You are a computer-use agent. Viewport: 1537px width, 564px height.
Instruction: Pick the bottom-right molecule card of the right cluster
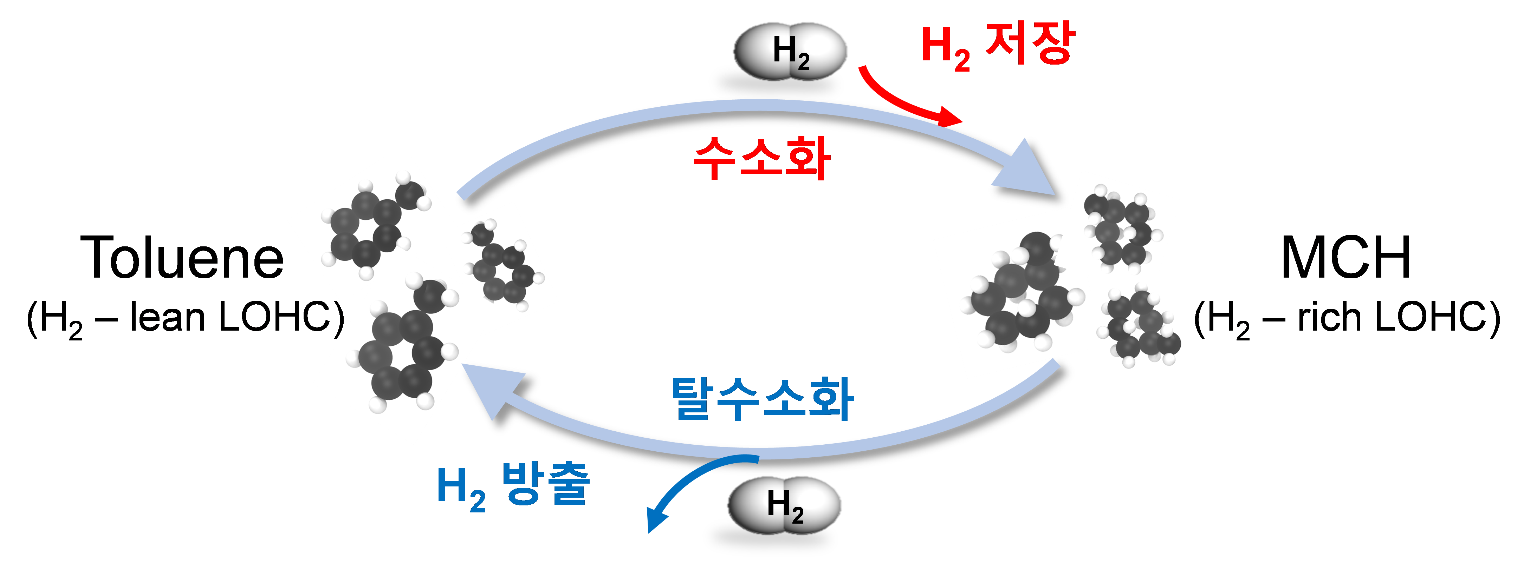click(x=1141, y=325)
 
